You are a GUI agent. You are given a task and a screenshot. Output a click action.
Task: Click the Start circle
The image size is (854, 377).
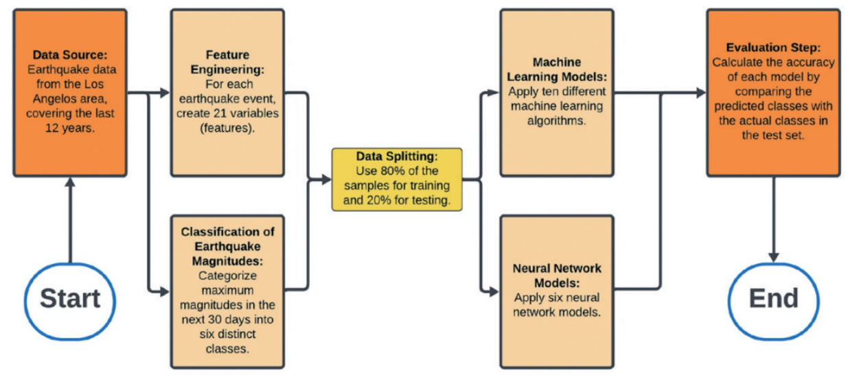click(x=69, y=299)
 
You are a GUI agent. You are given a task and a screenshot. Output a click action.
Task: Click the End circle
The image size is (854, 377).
click(x=773, y=299)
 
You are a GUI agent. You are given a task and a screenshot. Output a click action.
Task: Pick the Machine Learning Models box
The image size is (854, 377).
click(x=556, y=93)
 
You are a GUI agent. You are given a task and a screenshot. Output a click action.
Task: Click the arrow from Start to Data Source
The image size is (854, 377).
click(x=69, y=219)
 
